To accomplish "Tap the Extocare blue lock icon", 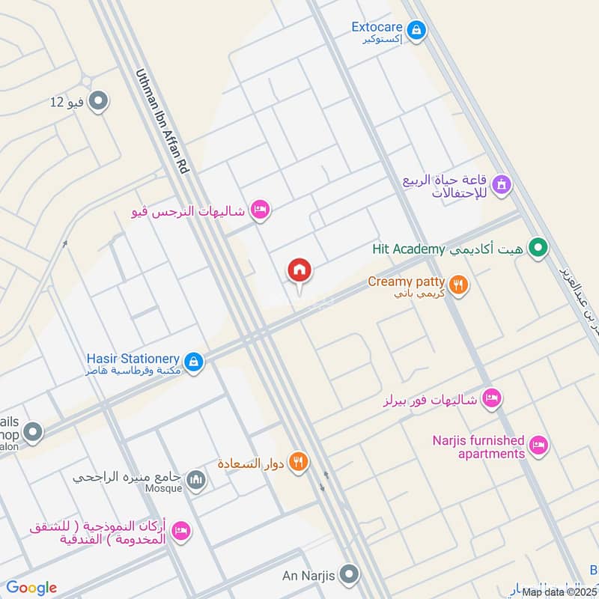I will click(417, 31).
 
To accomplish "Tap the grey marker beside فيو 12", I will click(98, 101).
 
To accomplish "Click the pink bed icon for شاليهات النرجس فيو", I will click(260, 210).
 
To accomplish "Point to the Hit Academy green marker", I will click(537, 246).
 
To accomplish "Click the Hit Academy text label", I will click(409, 249).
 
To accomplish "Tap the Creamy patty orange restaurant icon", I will click(459, 284).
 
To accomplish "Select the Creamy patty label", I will click(407, 282).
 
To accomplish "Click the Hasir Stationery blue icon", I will click(194, 362).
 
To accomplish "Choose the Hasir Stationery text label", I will click(133, 360).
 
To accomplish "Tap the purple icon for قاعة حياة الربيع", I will click(501, 183).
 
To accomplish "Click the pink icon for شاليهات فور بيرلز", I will click(491, 397).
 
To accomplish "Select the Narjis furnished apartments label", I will click(478, 447).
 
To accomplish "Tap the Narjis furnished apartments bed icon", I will click(538, 447).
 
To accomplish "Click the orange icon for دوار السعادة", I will click(299, 463).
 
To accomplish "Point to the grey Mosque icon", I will click(196, 480).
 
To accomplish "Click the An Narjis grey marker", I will click(348, 575).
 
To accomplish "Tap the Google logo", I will click(31, 588).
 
